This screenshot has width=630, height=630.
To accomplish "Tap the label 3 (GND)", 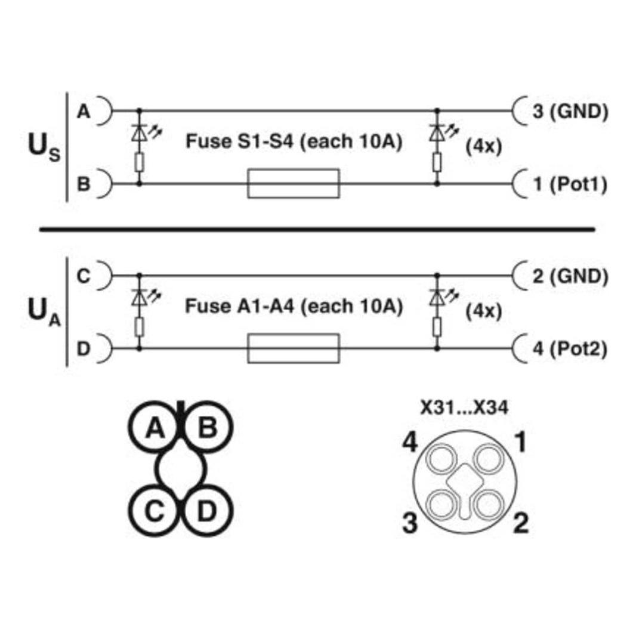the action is (x=570, y=112).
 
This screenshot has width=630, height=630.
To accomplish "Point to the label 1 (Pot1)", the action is (x=570, y=184).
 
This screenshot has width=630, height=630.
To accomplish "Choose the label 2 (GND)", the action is (x=570, y=276).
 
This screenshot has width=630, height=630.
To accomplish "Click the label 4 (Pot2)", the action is (x=570, y=349).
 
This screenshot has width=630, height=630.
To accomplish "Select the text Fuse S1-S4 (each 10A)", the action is (x=294, y=141).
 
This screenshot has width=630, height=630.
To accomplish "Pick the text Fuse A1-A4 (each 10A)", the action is (x=294, y=306).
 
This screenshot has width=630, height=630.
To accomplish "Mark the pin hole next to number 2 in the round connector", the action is (x=489, y=505).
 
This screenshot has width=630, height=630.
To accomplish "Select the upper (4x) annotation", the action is (x=484, y=147).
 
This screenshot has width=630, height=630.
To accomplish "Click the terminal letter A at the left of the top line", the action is (x=84, y=112).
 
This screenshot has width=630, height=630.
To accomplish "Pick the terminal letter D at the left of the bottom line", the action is (x=84, y=349).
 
